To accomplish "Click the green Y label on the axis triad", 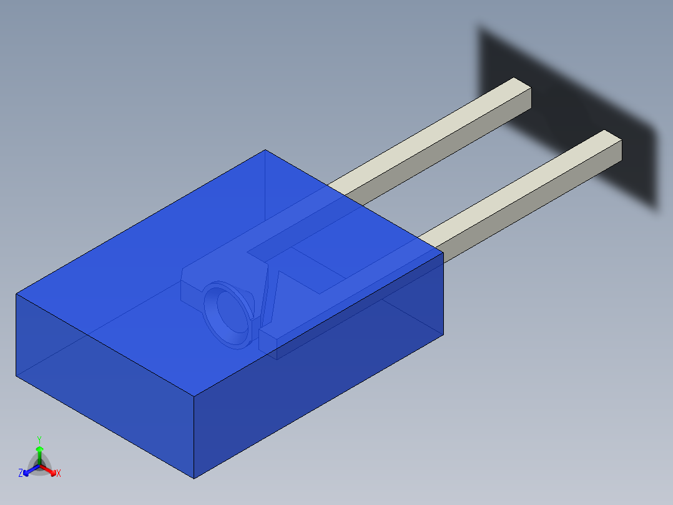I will (x=39, y=439).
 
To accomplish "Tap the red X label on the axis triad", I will (x=58, y=473).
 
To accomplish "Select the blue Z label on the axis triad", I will (x=21, y=473).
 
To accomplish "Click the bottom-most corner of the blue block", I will (x=194, y=478).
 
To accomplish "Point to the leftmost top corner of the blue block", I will (x=16, y=294).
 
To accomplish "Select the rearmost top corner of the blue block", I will (x=265, y=150).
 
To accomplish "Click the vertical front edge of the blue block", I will (x=194, y=437).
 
